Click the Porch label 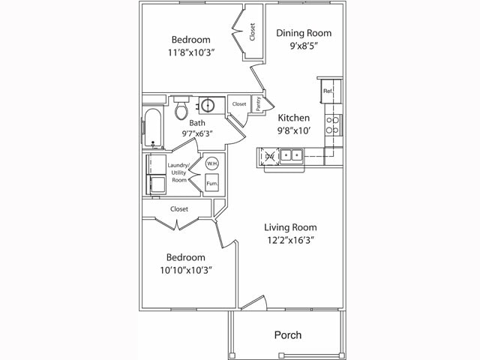click(288, 334)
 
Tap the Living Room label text click(290, 227)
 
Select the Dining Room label click(303, 33)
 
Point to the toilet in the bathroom click(181, 110)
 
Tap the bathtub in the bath click(152, 128)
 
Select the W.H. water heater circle click(211, 164)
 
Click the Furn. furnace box click(211, 184)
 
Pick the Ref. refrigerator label click(328, 91)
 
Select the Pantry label click(259, 106)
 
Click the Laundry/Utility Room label click(178, 172)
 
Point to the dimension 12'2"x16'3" click(290, 241)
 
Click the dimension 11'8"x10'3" click(190, 54)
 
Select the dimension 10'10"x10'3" click(185, 270)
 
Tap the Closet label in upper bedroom click(253, 31)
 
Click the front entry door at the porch click(253, 304)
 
